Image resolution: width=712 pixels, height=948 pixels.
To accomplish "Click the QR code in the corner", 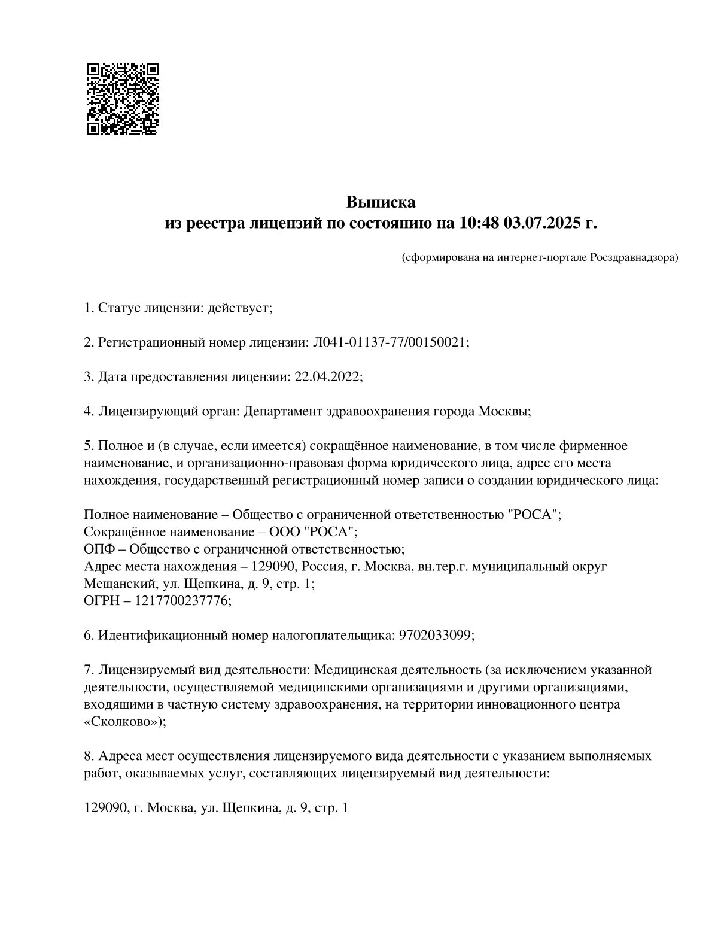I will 123,99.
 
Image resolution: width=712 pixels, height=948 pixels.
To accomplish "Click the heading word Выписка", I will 381,202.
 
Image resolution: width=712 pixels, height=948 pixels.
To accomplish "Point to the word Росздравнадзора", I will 634,258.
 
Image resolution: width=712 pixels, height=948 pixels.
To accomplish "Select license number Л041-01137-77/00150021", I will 390,342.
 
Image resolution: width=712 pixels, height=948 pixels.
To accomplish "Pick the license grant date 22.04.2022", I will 327,377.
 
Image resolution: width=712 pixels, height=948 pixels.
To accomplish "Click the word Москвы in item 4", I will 506,412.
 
